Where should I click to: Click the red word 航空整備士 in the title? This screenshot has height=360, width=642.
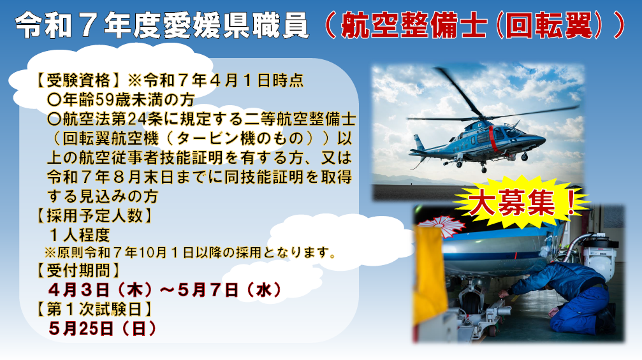coord(414,25)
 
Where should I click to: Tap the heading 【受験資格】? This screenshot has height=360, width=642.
coord(78,80)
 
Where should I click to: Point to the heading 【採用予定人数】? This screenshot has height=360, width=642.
coord(94,215)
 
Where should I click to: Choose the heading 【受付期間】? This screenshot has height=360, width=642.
coord(78,270)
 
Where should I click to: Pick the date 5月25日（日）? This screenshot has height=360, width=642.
coord(103,328)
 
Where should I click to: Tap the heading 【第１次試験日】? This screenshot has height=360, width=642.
coord(94,309)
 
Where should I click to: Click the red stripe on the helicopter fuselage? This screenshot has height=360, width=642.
coord(493,140)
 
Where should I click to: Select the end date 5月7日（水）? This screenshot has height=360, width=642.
coord(230,290)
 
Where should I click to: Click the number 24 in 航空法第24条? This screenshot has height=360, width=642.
coord(136,119)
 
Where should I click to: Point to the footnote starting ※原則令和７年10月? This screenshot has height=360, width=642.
coord(191,252)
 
